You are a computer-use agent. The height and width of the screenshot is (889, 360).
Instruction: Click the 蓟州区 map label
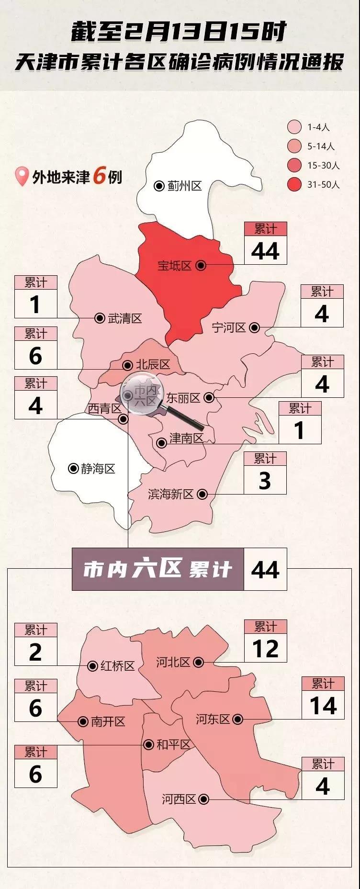point(184,186)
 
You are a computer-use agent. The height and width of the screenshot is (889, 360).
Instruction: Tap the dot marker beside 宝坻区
point(201,265)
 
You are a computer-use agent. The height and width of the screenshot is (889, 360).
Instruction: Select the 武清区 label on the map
point(125,318)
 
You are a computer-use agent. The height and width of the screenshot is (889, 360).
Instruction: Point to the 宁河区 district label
point(229,327)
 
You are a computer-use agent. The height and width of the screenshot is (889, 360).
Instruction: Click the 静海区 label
point(98,469)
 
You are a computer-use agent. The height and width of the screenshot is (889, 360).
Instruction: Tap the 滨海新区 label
point(171,494)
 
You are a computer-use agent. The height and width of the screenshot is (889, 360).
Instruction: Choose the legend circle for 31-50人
point(294,184)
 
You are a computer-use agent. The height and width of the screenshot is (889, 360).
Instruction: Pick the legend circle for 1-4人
point(294,127)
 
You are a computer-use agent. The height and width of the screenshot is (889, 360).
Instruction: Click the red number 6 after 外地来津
point(99,176)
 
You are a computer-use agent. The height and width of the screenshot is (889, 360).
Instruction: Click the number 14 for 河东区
point(323,706)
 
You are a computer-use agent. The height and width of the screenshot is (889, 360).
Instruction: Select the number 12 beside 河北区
point(265,649)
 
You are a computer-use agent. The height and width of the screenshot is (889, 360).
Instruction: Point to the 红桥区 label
point(118,666)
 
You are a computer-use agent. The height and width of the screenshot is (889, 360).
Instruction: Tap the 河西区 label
point(179,799)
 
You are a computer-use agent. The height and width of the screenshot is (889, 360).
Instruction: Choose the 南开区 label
point(108,721)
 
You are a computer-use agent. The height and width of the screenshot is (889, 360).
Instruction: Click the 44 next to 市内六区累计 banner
point(265,570)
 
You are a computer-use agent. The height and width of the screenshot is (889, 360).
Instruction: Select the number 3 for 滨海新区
point(265,481)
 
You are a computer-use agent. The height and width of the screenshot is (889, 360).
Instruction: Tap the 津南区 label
point(187,438)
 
